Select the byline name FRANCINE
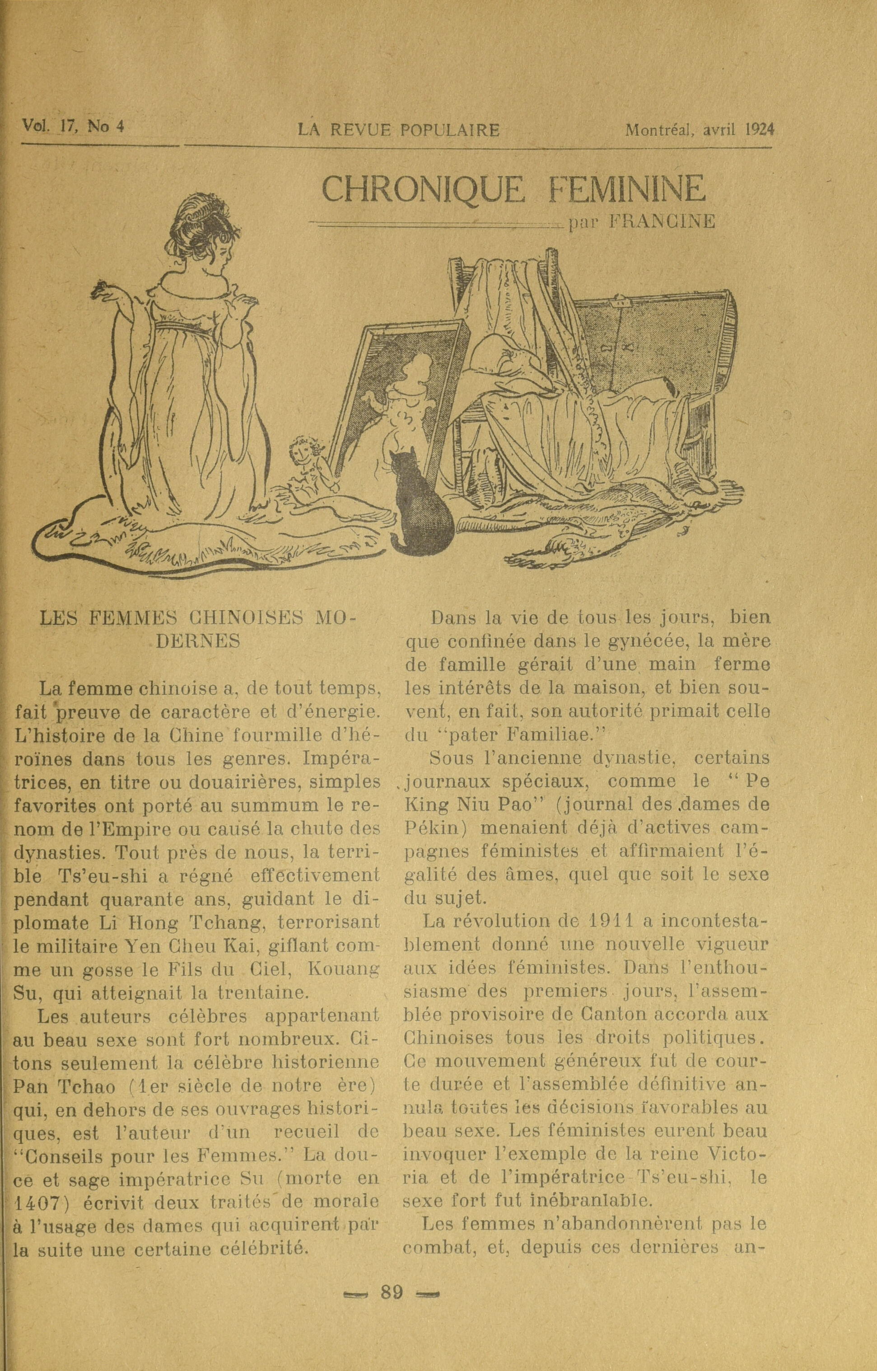661,222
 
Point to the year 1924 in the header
760,129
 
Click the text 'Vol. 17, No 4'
73,126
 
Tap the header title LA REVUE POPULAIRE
399,130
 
